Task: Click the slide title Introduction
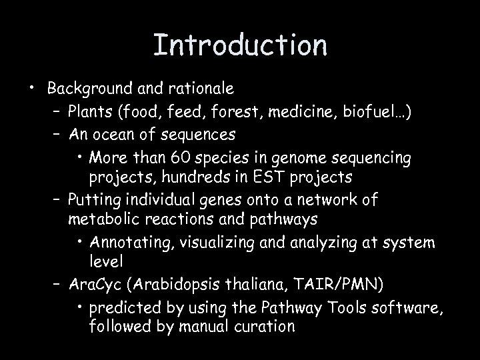click(240, 45)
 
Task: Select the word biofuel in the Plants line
click(375, 111)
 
